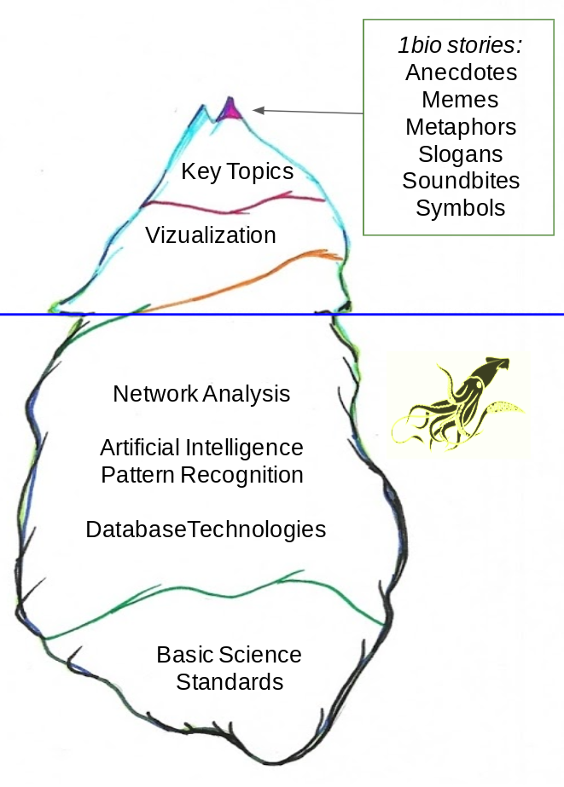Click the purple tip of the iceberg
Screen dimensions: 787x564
[230, 109]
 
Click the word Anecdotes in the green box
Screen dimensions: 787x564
[461, 72]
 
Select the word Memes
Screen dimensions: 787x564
[461, 99]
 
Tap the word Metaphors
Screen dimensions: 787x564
[461, 126]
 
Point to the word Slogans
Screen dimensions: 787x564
[461, 153]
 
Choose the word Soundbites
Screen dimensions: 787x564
[461, 181]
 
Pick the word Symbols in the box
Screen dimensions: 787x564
[461, 208]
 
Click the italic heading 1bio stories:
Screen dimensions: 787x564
[461, 44]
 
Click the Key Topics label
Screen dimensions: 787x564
[237, 171]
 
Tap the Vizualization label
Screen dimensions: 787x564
[211, 234]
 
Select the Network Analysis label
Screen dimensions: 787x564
[201, 394]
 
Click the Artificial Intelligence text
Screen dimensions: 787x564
[201, 447]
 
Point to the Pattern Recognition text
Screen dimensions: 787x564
[202, 474]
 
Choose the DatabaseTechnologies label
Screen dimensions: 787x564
[206, 529]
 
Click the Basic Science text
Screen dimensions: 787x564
[229, 655]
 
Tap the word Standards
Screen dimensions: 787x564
[230, 682]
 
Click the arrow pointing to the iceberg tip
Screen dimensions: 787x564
[307, 111]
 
